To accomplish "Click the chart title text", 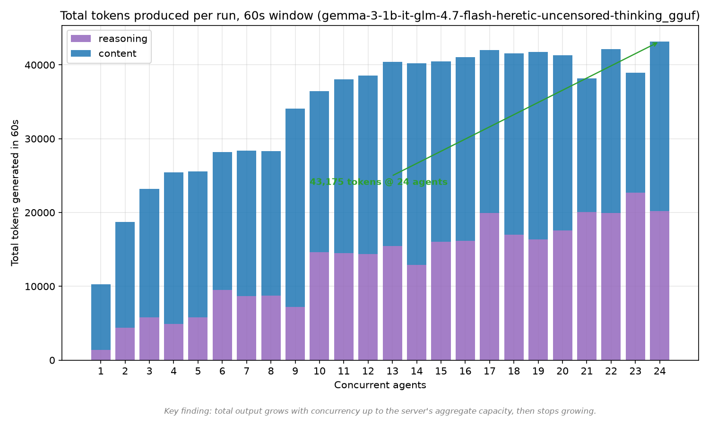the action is click(380, 16).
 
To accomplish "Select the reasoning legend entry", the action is click(109, 39).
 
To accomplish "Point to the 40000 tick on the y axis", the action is click(40, 65).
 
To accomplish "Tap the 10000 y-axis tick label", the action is click(40, 287).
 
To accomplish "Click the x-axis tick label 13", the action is click(392, 371).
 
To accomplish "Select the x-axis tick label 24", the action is click(660, 371).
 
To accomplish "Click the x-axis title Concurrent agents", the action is click(380, 385).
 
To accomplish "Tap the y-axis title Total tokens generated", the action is click(15, 193).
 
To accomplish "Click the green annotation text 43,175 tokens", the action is click(379, 182).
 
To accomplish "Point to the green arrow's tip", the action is click(657, 42).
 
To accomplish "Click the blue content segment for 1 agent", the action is click(101, 317).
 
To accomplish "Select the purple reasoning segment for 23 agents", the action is click(635, 276).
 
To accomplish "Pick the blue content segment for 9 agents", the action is click(295, 208).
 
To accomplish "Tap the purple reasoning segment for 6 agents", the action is click(222, 325).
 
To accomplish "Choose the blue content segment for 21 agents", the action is click(587, 145).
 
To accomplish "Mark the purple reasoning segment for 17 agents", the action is click(489, 287).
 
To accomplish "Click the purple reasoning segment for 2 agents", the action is click(125, 344).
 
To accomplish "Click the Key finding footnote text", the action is click(380, 411).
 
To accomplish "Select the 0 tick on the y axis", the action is click(52, 360).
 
